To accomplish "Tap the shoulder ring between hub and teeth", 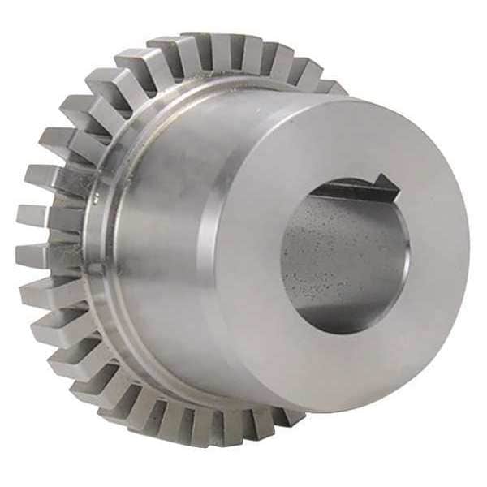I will click(106, 243).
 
